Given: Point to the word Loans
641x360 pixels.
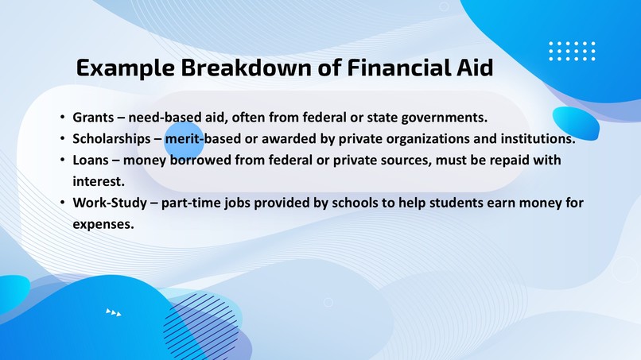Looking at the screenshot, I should (x=91, y=161).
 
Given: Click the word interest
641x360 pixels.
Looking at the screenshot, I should (x=98, y=181).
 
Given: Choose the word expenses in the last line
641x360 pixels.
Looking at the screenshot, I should (x=103, y=224).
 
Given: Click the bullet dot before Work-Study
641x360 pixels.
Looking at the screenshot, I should (x=62, y=203).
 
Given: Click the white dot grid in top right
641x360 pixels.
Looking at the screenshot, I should (x=572, y=51).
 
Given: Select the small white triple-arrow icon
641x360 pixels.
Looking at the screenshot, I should (x=114, y=312).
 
